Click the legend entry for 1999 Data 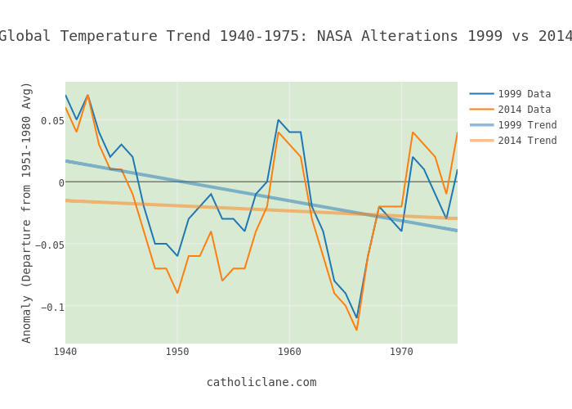(524, 94)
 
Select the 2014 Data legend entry (524, 110)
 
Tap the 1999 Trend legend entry (527, 125)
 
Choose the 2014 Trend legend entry (527, 141)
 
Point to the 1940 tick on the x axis (65, 352)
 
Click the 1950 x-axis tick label (177, 352)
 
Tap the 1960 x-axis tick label (289, 352)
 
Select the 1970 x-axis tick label (401, 352)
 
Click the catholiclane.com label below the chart (261, 382)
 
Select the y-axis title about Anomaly (27, 212)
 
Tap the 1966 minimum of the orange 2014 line (356, 330)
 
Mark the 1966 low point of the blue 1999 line (356, 317)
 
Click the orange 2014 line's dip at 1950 (177, 293)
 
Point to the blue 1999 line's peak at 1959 (278, 120)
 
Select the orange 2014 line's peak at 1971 (413, 133)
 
